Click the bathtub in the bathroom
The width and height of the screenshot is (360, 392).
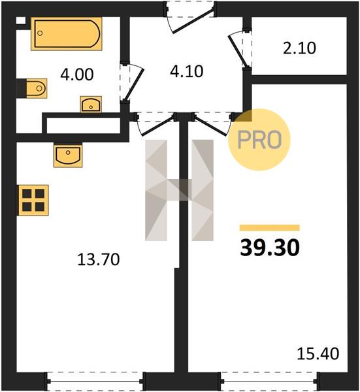pyautogui.click(x=67, y=34)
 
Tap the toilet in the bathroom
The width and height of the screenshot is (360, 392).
pyautogui.click(x=34, y=88)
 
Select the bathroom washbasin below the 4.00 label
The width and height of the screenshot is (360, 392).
pyautogui.click(x=91, y=105)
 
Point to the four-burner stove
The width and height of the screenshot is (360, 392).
pyautogui.click(x=33, y=200)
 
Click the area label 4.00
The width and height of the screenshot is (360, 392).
pyautogui.click(x=77, y=74)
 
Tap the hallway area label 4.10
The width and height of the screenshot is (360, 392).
pyautogui.click(x=186, y=71)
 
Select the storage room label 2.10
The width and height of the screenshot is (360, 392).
pyautogui.click(x=299, y=48)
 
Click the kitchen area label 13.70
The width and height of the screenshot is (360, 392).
pyautogui.click(x=99, y=259)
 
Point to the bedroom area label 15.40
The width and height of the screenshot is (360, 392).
pyautogui.click(x=318, y=353)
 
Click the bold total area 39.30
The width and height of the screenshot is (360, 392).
pyautogui.click(x=270, y=248)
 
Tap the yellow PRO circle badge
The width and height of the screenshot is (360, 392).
pyautogui.click(x=259, y=140)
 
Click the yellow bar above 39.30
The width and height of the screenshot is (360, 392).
pyautogui.click(x=270, y=228)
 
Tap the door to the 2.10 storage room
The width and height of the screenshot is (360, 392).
pyautogui.click(x=238, y=49)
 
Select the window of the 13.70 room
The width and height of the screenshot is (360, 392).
pyautogui.click(x=95, y=382)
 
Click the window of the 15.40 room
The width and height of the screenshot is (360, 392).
pyautogui.click(x=269, y=382)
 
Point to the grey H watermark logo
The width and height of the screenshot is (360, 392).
pyautogui.click(x=179, y=190)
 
